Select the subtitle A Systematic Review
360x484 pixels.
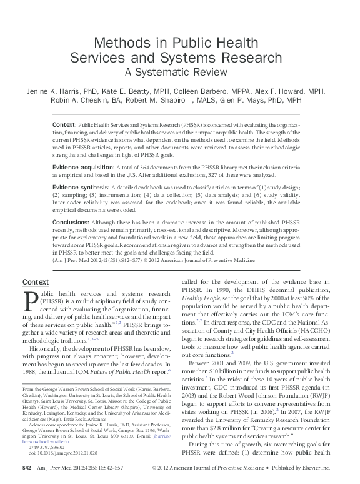pos(179,72)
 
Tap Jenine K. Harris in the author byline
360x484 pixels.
pos(52,91)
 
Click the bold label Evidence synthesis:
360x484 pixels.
pos(80,188)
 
